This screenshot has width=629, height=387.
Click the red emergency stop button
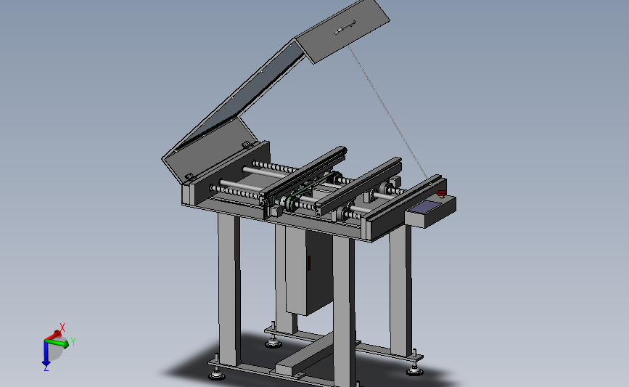pos(442,193)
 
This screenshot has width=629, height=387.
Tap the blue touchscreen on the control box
pos(426,207)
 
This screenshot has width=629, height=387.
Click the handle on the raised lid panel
pos(345,28)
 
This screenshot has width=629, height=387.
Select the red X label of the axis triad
pos(62,327)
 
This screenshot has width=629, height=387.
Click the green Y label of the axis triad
pos(73,342)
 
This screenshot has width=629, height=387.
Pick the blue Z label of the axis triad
pos(46,367)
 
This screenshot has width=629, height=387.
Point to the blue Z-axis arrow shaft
pos(46,351)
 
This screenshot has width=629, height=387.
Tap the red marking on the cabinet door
pos(309,263)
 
